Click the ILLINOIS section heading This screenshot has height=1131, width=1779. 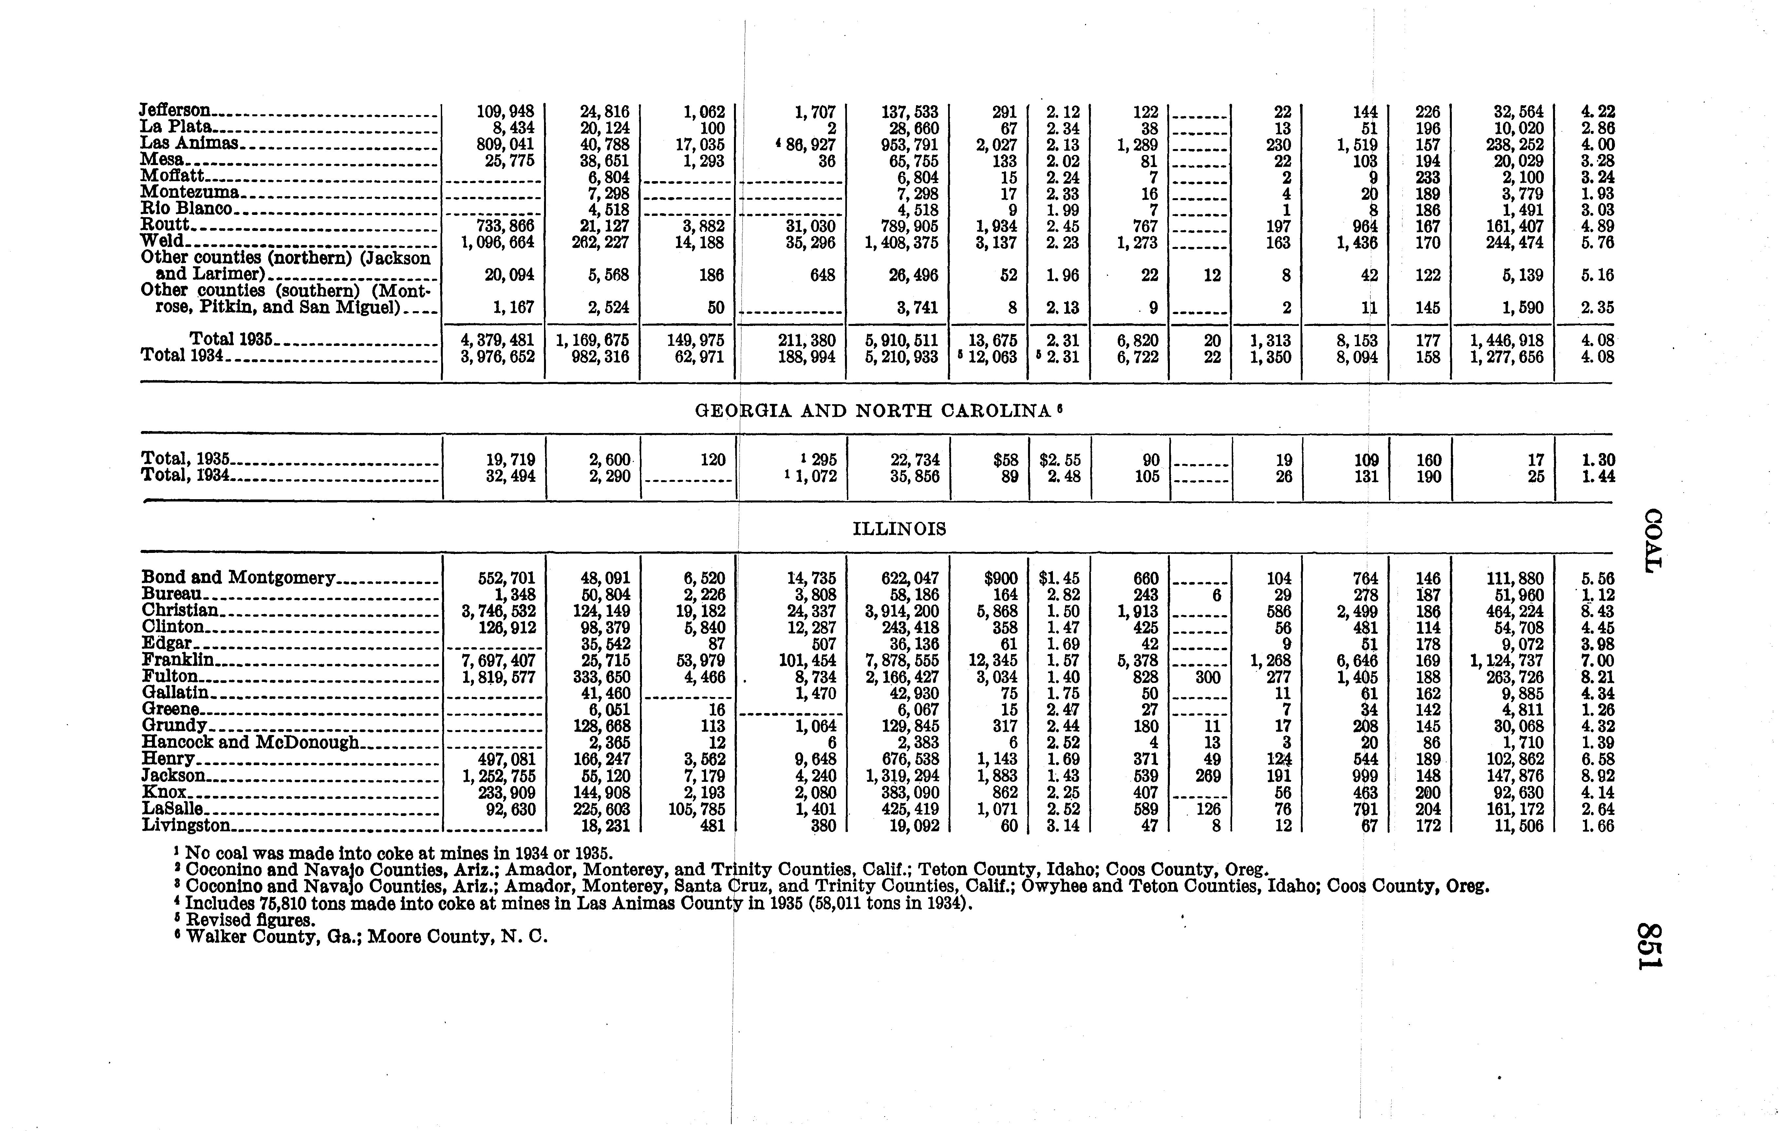pos(899,529)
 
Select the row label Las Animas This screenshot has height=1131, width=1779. pos(189,143)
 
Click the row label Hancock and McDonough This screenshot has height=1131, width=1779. pos(250,743)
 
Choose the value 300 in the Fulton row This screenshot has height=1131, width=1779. pos(1207,677)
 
